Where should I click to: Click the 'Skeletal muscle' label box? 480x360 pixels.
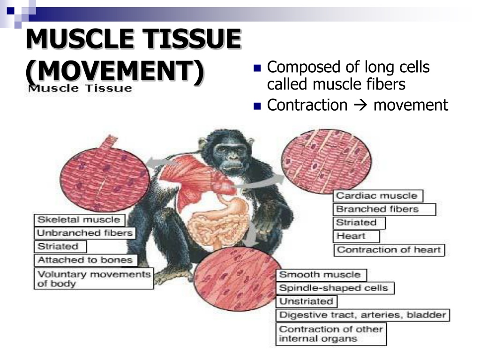click(79, 220)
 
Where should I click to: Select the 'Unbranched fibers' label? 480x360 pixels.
click(85, 233)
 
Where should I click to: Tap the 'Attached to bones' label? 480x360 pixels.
click(86, 260)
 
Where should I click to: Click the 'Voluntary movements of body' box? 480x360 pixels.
click(94, 278)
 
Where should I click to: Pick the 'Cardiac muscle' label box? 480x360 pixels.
click(378, 196)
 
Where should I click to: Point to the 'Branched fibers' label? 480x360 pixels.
click(384, 210)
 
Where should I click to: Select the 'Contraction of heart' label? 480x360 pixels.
click(389, 250)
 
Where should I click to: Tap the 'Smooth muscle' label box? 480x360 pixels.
click(322, 275)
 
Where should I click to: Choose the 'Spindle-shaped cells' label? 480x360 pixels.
click(335, 288)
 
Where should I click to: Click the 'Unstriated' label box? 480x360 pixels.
click(307, 301)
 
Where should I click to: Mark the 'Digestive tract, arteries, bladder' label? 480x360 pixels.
click(363, 315)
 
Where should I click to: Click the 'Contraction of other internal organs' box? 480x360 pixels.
click(331, 334)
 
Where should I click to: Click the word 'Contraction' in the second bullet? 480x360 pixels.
click(307, 105)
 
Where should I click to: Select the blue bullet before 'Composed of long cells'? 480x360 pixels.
click(257, 68)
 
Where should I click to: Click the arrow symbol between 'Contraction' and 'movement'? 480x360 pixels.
click(360, 105)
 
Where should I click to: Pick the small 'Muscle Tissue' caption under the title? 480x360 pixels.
click(80, 89)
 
